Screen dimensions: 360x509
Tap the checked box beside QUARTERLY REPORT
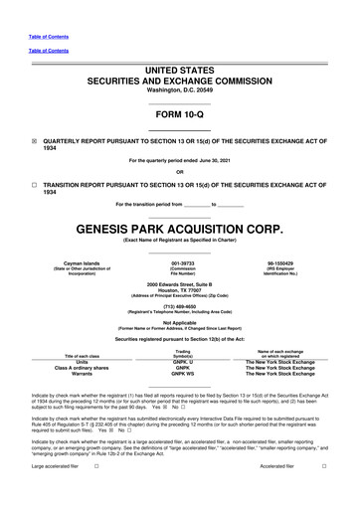pyautogui.click(x=34, y=140)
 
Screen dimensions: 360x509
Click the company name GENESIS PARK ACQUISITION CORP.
pyautogui.click(x=179, y=228)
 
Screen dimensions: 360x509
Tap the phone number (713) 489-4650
pyautogui.click(x=180, y=307)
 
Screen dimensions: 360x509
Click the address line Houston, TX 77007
pyautogui.click(x=180, y=289)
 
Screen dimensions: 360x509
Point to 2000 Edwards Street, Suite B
pyautogui.click(x=180, y=282)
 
